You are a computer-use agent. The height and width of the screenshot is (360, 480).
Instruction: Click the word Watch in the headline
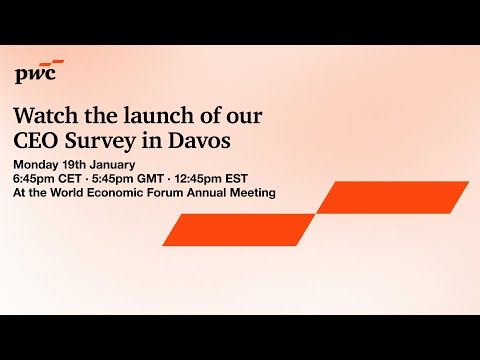point(45,116)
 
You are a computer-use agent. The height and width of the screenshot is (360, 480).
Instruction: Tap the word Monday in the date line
point(37,163)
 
